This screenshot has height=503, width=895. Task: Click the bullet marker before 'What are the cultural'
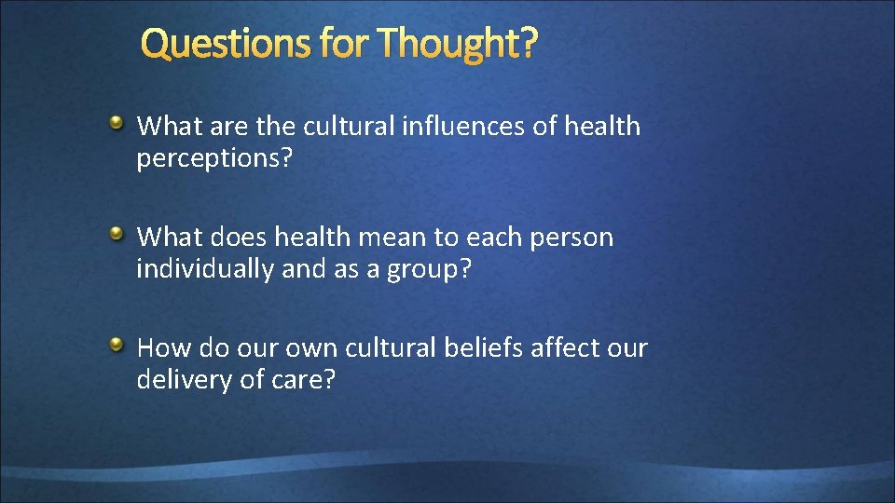pyautogui.click(x=116, y=122)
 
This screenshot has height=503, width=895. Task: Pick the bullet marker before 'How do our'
pyautogui.click(x=116, y=346)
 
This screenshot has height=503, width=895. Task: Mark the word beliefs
pyautogui.click(x=483, y=348)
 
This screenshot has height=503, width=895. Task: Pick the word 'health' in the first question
pyautogui.click(x=602, y=126)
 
